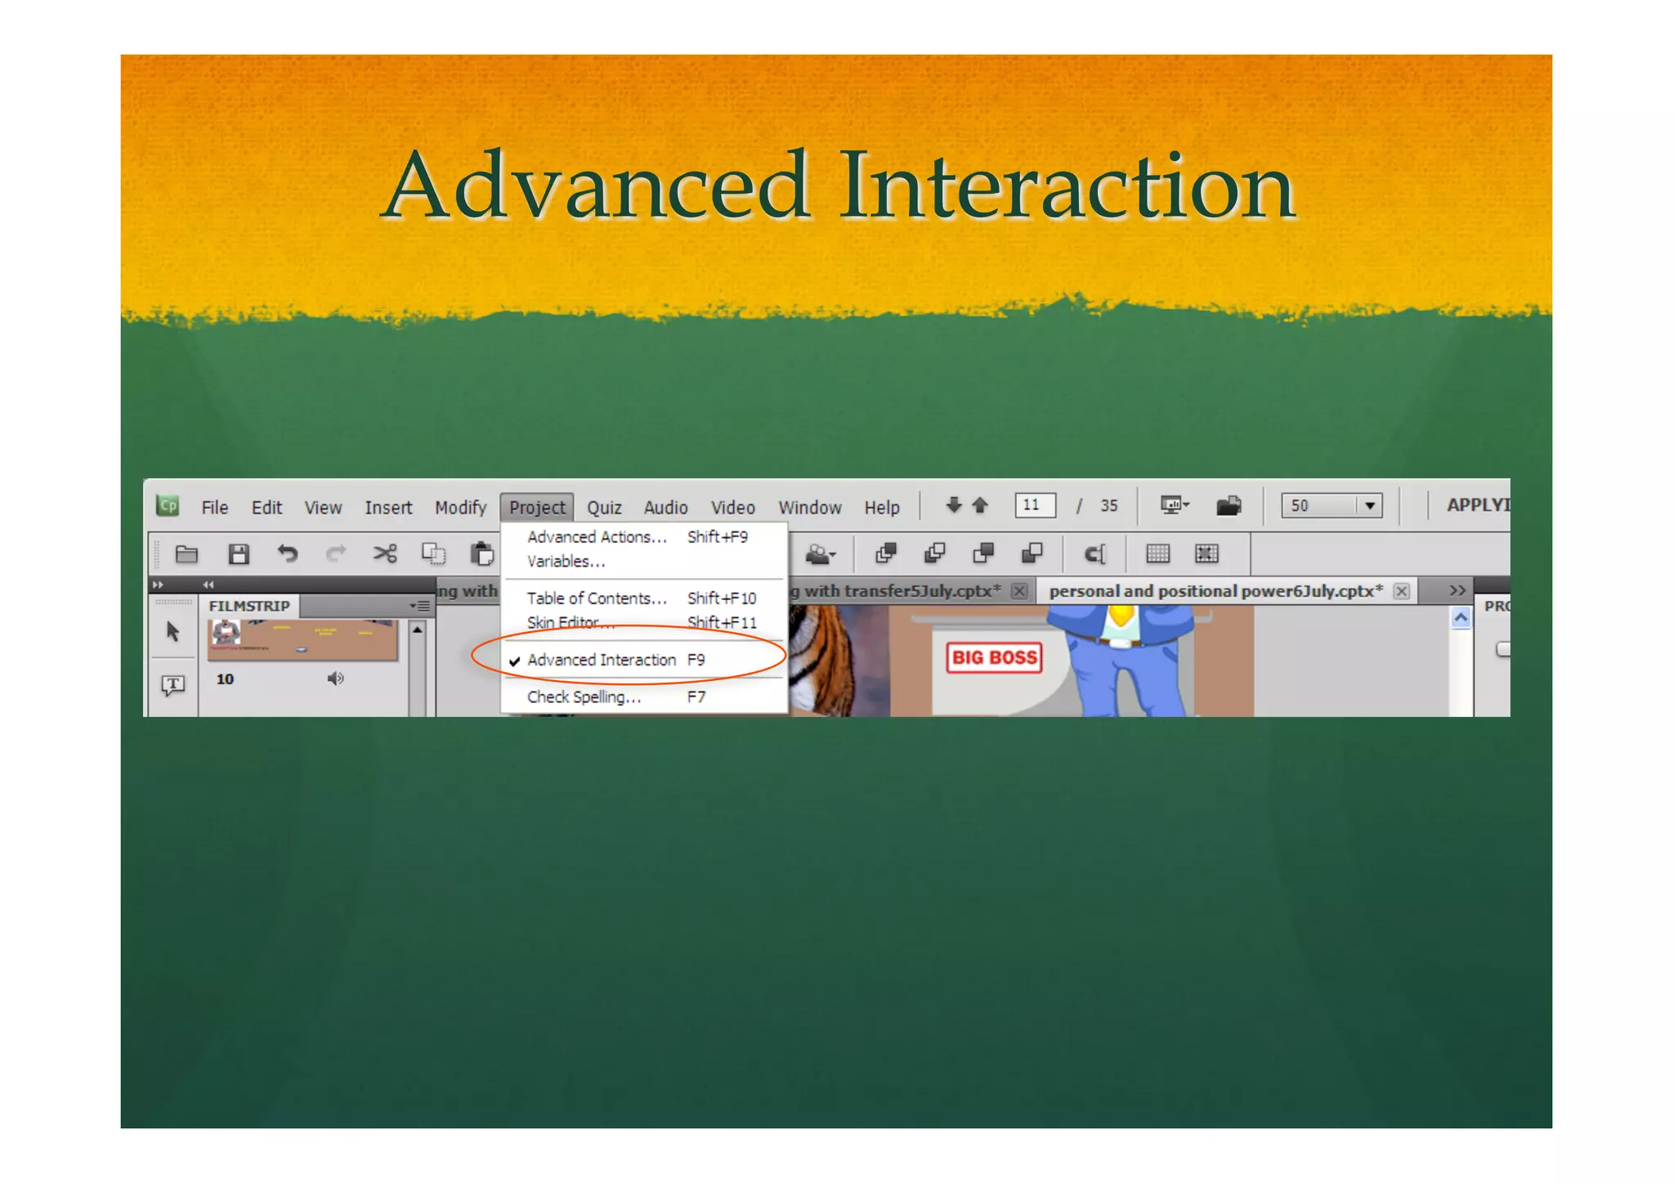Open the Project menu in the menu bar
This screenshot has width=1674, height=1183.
(x=537, y=508)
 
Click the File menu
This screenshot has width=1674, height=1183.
(x=215, y=508)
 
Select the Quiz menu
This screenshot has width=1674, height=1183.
(x=604, y=508)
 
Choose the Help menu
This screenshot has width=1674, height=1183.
(x=882, y=508)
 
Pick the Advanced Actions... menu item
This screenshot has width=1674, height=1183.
(x=597, y=537)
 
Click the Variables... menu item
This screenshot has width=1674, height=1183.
(x=566, y=562)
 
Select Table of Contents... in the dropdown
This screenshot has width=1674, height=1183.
(x=597, y=598)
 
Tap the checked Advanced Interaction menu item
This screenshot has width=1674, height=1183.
(x=602, y=660)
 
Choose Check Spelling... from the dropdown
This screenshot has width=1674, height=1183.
(x=584, y=697)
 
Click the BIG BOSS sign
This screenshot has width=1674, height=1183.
(x=994, y=658)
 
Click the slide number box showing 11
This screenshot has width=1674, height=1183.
(x=1034, y=505)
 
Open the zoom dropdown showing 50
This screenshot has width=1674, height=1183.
(x=1370, y=506)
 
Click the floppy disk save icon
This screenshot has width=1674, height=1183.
(x=239, y=554)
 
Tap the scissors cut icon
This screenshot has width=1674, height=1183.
(x=385, y=554)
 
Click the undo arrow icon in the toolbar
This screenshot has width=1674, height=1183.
(x=287, y=554)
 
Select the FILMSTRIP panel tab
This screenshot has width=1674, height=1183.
(x=249, y=606)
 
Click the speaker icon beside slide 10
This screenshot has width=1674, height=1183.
(x=335, y=679)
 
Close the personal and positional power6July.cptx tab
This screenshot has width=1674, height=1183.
(x=1401, y=591)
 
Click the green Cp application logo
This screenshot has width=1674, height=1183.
(x=168, y=506)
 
